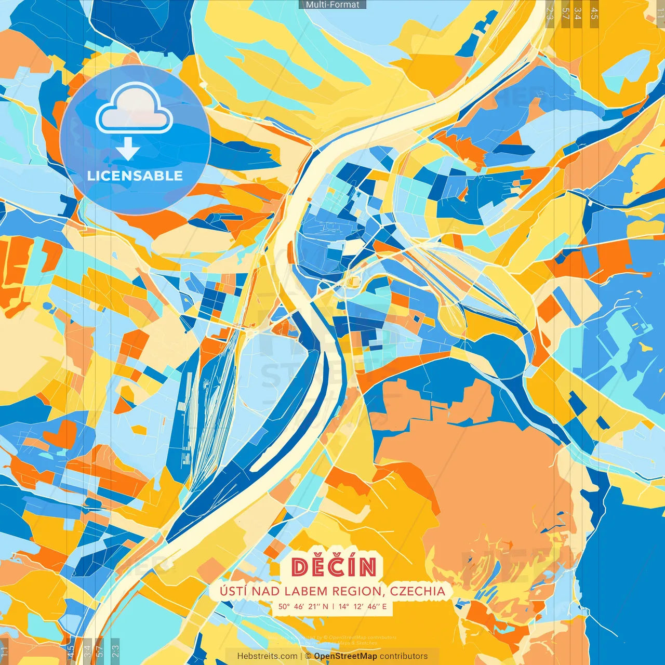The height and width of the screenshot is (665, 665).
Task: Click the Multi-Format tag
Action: tap(332, 5)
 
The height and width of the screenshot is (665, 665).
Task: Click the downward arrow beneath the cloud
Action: tap(128, 150)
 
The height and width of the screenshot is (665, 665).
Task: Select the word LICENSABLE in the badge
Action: tap(135, 176)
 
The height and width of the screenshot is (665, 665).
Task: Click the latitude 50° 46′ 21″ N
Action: tap(303, 606)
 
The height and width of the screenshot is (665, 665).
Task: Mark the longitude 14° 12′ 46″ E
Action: tap(363, 606)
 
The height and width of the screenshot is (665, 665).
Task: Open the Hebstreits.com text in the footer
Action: tap(268, 656)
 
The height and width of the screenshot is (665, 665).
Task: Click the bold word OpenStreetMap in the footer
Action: tap(345, 656)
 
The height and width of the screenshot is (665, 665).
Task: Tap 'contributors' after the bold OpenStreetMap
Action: tap(404, 656)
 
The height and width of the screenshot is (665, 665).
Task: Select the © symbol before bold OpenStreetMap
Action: tap(308, 656)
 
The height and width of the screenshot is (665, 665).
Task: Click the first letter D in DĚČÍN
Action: tap(300, 567)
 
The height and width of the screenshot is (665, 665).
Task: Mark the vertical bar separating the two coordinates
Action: tap(333, 606)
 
